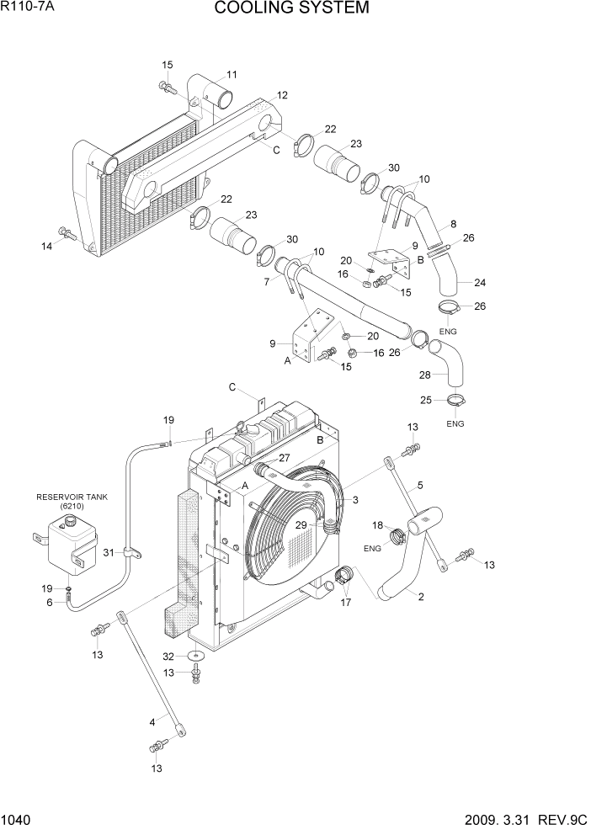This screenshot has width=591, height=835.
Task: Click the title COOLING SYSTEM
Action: point(291,9)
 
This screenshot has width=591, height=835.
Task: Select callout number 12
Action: point(282,95)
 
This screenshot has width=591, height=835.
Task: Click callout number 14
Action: point(47,246)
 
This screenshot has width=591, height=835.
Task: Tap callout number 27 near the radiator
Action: point(284,458)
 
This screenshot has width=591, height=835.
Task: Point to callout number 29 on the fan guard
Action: point(301,524)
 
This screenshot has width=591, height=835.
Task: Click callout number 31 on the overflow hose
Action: point(108,552)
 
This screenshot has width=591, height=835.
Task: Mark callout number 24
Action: point(480,283)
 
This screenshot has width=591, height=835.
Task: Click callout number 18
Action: point(378,526)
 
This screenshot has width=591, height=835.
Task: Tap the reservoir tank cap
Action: point(68,523)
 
